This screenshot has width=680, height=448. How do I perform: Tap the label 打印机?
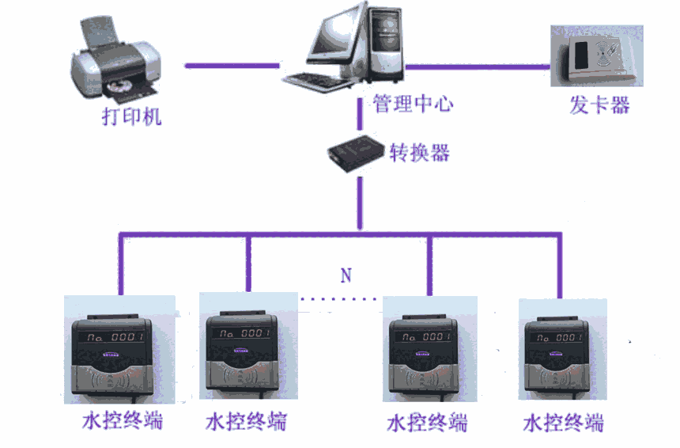point(131,117)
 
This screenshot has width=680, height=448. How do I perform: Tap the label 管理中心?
point(414,104)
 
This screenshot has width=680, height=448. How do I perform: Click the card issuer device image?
point(597,59)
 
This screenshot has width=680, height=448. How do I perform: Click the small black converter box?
point(357,150)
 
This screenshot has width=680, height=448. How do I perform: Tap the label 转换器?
point(419,152)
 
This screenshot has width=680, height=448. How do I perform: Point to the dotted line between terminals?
point(338,299)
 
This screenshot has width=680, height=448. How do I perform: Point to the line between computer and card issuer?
point(474,66)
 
